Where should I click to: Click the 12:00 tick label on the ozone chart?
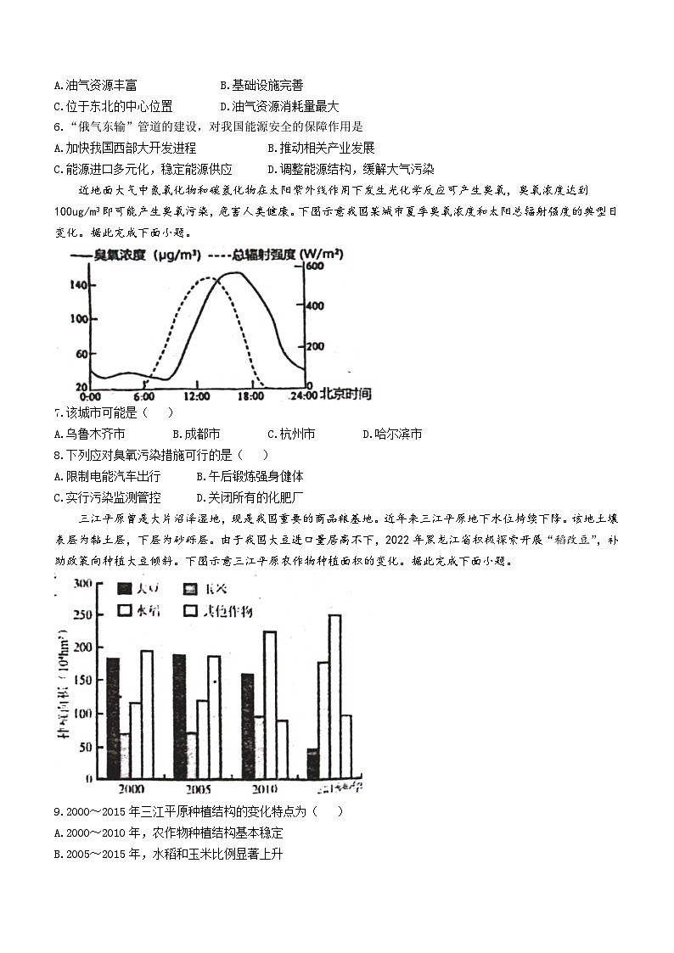pos(196,395)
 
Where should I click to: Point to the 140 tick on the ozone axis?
pos(77,285)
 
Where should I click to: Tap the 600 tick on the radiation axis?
pos(315,266)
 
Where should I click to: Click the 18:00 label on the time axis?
pos(249,395)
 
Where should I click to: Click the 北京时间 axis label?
pos(345,394)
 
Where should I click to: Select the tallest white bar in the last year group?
pos(334,696)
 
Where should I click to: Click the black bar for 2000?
pos(113,718)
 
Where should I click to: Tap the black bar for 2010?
pos(247,726)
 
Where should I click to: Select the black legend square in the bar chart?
pos(124,589)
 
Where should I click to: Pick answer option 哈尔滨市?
pos(392,434)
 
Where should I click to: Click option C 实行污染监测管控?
pos(107,497)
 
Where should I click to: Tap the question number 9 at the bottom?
pos(57,811)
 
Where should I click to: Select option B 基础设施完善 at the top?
pos(261,85)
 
